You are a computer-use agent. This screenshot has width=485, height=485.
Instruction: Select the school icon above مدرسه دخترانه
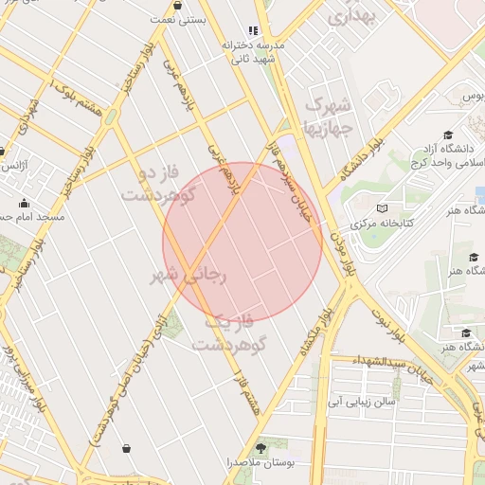click(x=252, y=30)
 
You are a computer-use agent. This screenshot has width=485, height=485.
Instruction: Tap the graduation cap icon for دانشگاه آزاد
click(x=447, y=135)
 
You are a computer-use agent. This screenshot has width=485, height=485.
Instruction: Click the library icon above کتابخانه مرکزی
click(x=382, y=207)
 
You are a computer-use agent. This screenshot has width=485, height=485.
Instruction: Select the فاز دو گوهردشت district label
click(x=157, y=185)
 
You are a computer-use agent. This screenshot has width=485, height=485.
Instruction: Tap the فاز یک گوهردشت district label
click(x=230, y=332)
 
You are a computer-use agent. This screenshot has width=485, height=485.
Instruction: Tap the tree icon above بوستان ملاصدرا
click(x=262, y=446)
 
